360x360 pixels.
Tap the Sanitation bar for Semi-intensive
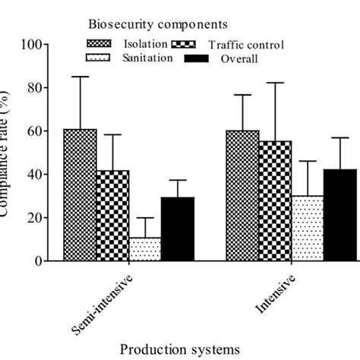(x=145, y=249)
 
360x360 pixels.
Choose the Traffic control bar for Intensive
(x=274, y=201)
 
